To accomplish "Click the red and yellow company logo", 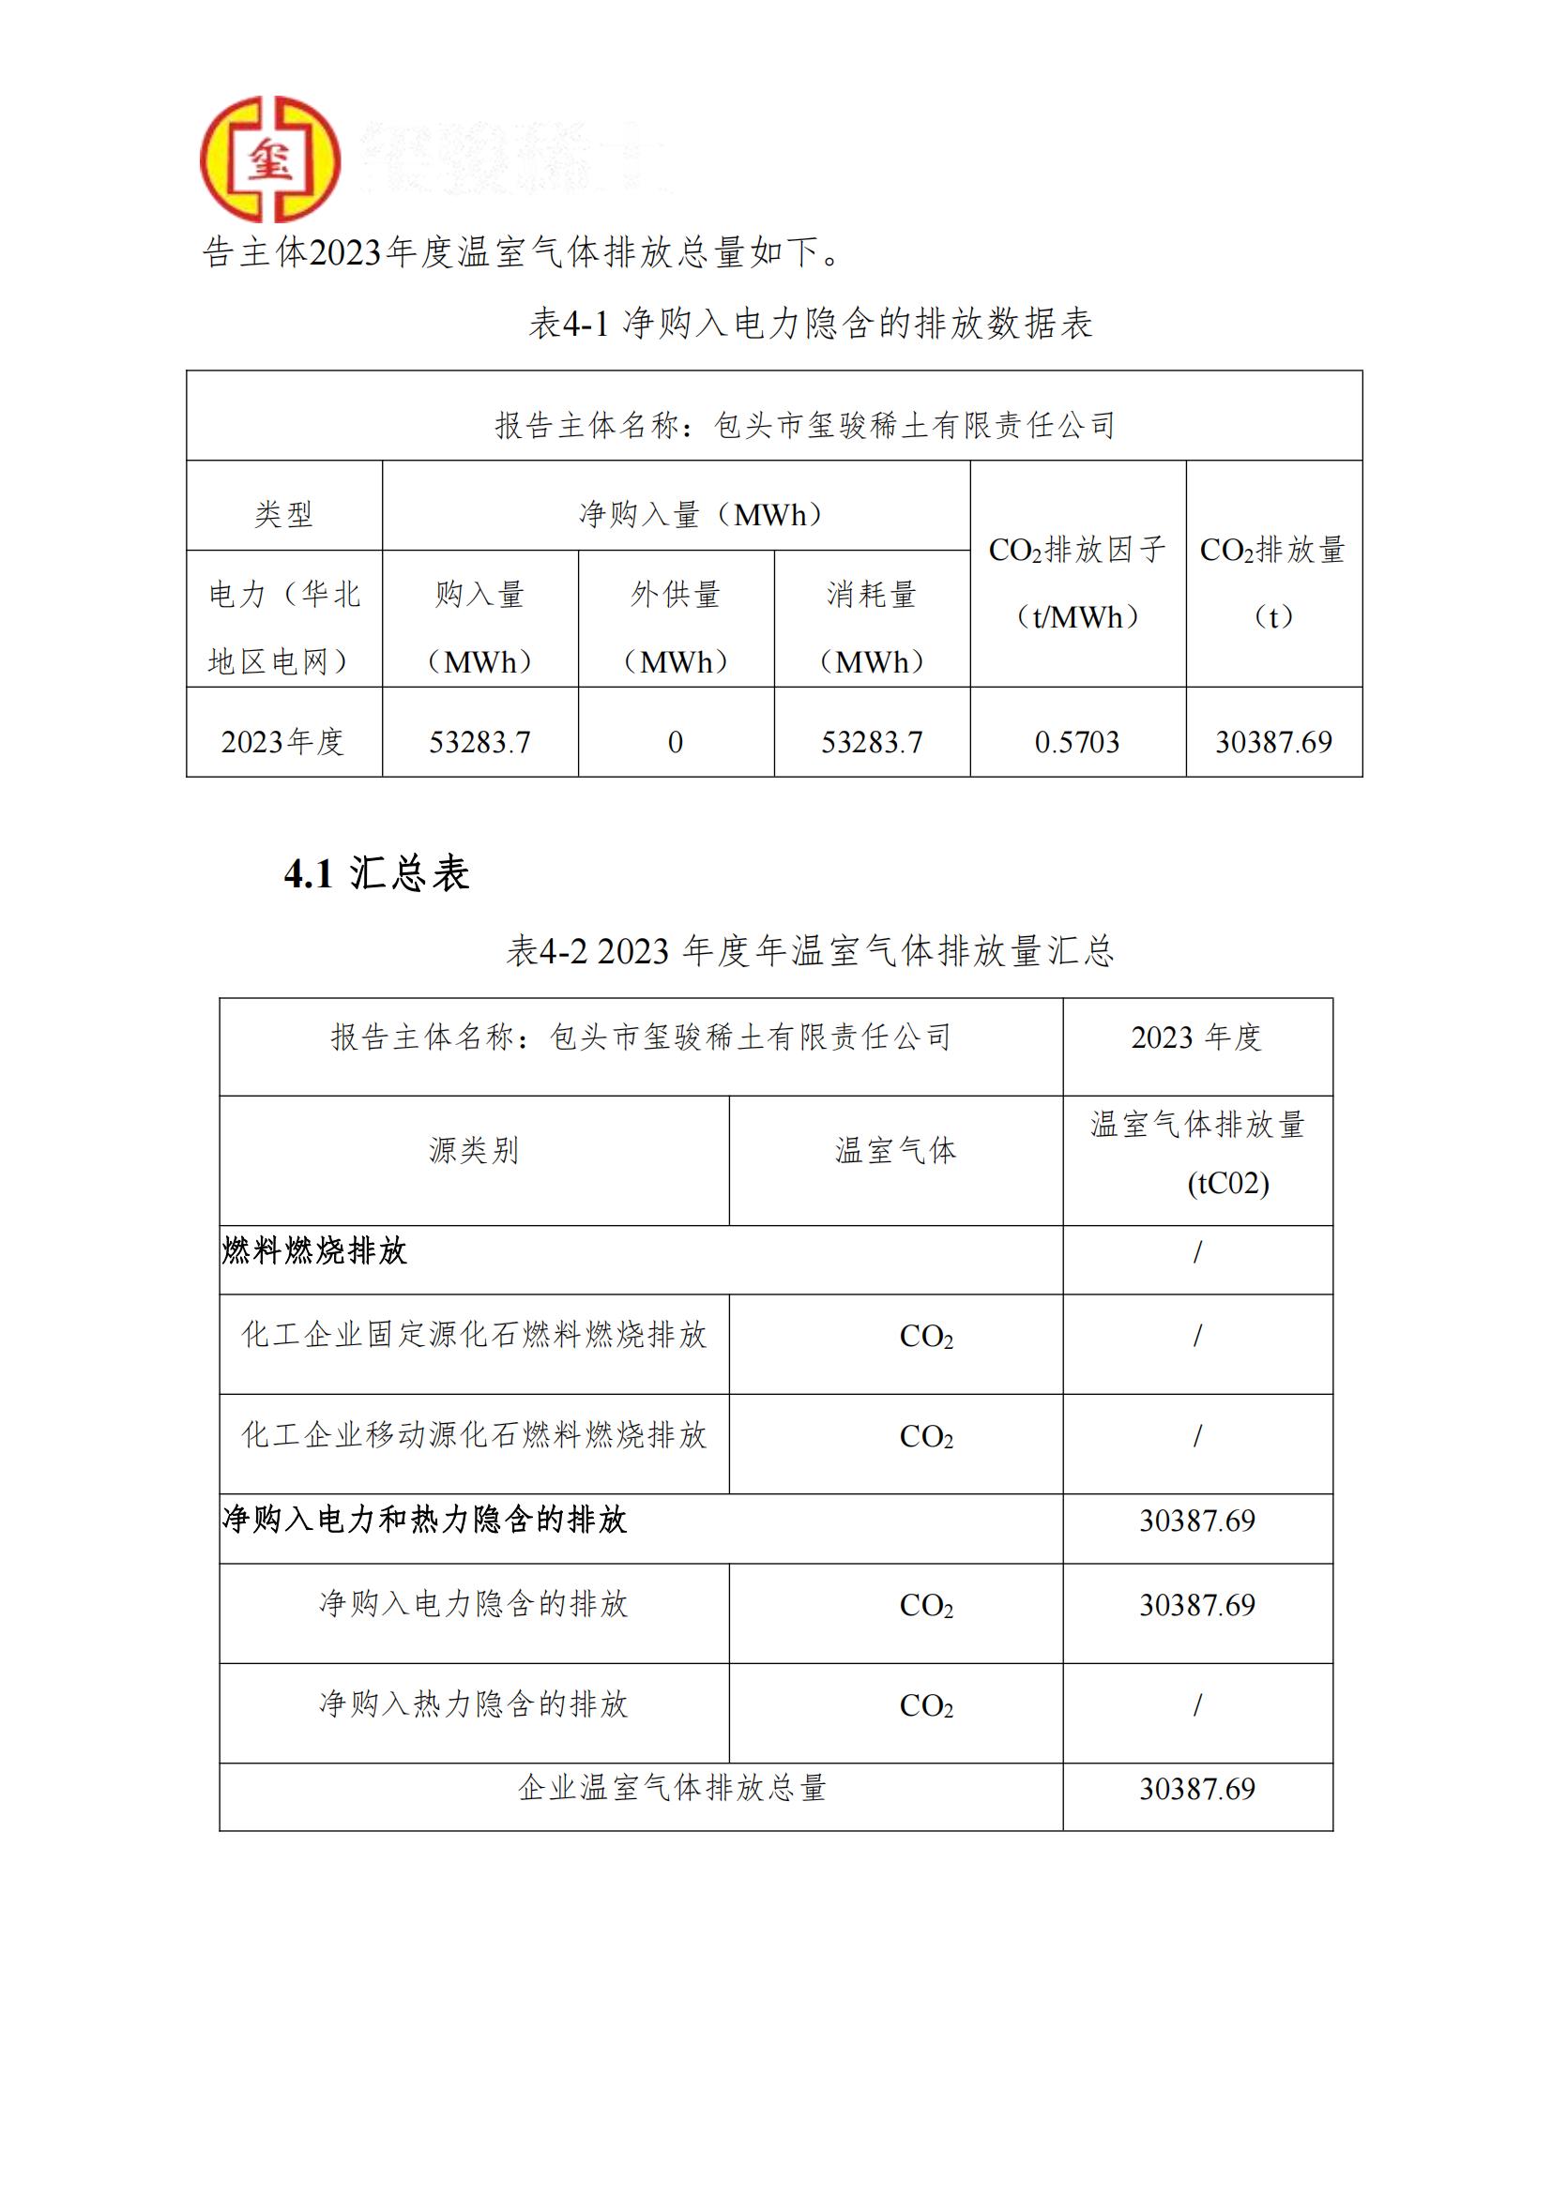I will [269, 159].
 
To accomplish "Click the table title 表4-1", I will [810, 324].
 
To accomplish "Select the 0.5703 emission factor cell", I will [1077, 742].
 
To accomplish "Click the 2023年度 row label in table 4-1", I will [283, 742].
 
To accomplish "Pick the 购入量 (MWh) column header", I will [479, 628].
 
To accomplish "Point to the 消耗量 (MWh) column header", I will [871, 628].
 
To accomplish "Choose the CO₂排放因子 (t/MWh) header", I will [1077, 583].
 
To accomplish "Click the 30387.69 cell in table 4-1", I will [1272, 742].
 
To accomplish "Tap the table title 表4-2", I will [810, 951].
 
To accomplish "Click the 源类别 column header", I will [473, 1150].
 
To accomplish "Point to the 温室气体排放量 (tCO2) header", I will [1197, 1153].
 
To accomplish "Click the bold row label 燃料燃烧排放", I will [314, 1250].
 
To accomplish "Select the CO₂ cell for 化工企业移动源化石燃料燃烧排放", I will [925, 1437].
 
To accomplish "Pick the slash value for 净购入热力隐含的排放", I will [1197, 1704].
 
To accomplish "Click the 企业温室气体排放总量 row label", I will [671, 1788].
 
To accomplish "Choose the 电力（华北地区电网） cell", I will [283, 628].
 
